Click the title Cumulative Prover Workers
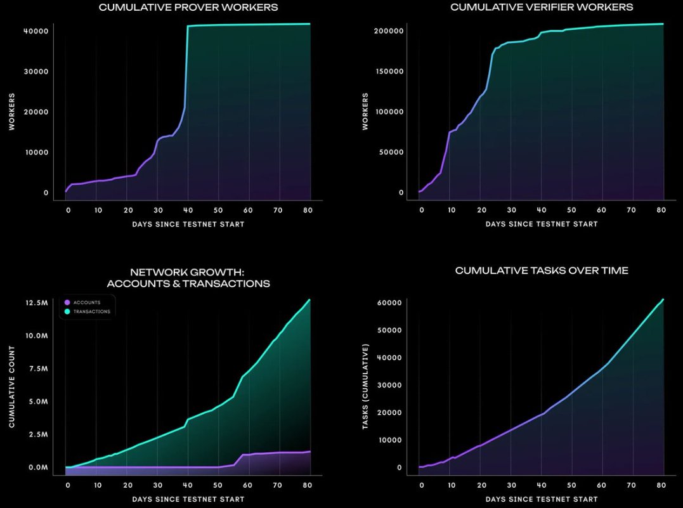[x=188, y=8]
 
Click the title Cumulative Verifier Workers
[x=542, y=8]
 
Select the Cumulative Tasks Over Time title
[x=542, y=271]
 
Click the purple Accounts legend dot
[x=67, y=303]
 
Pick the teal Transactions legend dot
[x=67, y=311]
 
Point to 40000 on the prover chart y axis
[x=36, y=31]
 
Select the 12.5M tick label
[x=37, y=303]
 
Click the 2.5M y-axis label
[x=39, y=434]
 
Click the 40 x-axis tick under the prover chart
[x=188, y=211]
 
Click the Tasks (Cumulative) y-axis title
[x=365, y=386]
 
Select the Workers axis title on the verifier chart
[x=365, y=112]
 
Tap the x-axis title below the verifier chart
[x=542, y=224]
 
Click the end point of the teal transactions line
[x=309, y=299]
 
